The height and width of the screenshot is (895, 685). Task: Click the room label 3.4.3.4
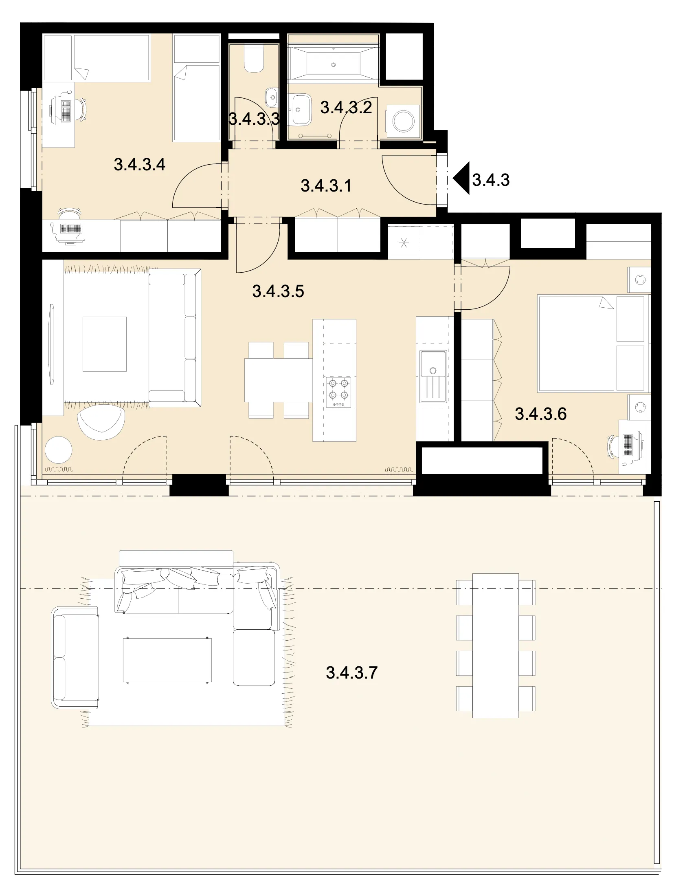[x=139, y=165]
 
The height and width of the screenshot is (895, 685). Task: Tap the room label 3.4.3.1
[x=326, y=186]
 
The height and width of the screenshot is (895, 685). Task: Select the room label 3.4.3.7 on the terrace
[x=351, y=673]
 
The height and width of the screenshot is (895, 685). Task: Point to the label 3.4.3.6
[x=541, y=414]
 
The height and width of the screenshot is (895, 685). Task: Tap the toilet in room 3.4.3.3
[x=254, y=59]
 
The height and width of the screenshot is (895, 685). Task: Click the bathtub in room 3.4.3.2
[x=334, y=64]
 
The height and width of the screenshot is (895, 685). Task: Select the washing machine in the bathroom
[x=403, y=121]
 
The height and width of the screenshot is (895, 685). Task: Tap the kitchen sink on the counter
[x=433, y=376]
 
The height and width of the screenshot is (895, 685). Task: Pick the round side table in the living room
[x=59, y=450]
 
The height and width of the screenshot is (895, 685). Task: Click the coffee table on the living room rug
[x=104, y=344]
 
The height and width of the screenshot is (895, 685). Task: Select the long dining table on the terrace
[x=495, y=646]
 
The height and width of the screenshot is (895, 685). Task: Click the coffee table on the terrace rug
[x=167, y=659]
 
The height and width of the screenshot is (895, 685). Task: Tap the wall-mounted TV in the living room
[x=51, y=344]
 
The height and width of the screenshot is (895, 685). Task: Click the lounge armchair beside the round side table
[x=101, y=421]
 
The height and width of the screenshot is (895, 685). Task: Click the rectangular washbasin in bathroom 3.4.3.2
[x=301, y=109]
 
